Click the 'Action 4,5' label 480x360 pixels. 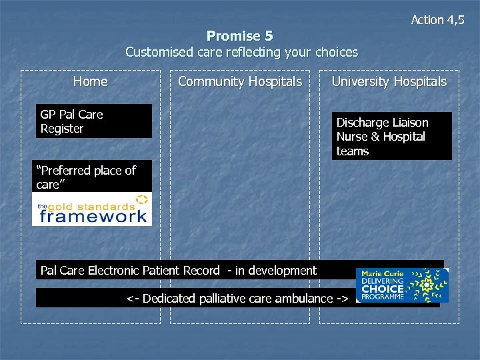click(x=437, y=20)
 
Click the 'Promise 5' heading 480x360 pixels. click(x=239, y=36)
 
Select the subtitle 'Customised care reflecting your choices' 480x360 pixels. click(x=241, y=52)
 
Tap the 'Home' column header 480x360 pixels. click(x=90, y=81)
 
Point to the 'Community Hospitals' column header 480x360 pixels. click(x=239, y=81)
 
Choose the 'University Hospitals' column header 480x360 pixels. click(x=389, y=81)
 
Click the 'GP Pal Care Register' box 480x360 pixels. click(x=93, y=121)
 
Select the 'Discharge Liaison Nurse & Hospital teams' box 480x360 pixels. click(x=392, y=137)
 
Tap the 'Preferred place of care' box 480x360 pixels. click(x=92, y=177)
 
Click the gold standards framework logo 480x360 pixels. click(x=92, y=209)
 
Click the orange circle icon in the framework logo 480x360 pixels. click(x=141, y=199)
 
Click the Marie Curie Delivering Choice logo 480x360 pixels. click(x=402, y=285)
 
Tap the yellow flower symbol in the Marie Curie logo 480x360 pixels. click(x=427, y=285)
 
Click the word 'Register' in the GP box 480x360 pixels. click(x=62, y=129)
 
